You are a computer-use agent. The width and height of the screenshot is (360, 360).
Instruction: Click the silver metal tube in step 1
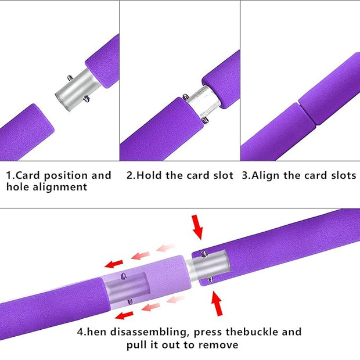(x=77, y=90)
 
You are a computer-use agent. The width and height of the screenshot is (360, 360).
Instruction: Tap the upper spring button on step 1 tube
(x=70, y=78)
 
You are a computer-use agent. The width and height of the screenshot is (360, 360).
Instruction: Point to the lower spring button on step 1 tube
(x=87, y=99)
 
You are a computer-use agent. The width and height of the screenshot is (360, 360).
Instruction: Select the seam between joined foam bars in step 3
(x=307, y=114)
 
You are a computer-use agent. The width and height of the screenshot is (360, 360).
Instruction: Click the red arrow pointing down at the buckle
(x=197, y=227)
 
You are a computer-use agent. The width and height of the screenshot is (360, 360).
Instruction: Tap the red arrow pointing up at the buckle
(x=217, y=303)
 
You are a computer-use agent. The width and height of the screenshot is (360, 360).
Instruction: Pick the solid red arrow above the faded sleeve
(x=114, y=264)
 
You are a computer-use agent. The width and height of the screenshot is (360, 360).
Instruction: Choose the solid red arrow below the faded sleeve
(x=124, y=315)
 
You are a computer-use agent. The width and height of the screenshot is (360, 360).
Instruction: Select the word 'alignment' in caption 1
(x=60, y=187)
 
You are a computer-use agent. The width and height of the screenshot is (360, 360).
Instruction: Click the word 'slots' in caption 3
(x=344, y=175)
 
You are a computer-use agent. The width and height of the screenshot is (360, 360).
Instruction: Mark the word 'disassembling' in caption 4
(x=150, y=333)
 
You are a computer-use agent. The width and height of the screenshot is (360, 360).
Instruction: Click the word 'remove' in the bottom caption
(x=218, y=345)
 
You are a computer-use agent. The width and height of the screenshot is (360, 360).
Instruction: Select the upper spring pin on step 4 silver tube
(x=204, y=254)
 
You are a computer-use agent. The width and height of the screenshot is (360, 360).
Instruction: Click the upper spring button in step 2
(x=185, y=97)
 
